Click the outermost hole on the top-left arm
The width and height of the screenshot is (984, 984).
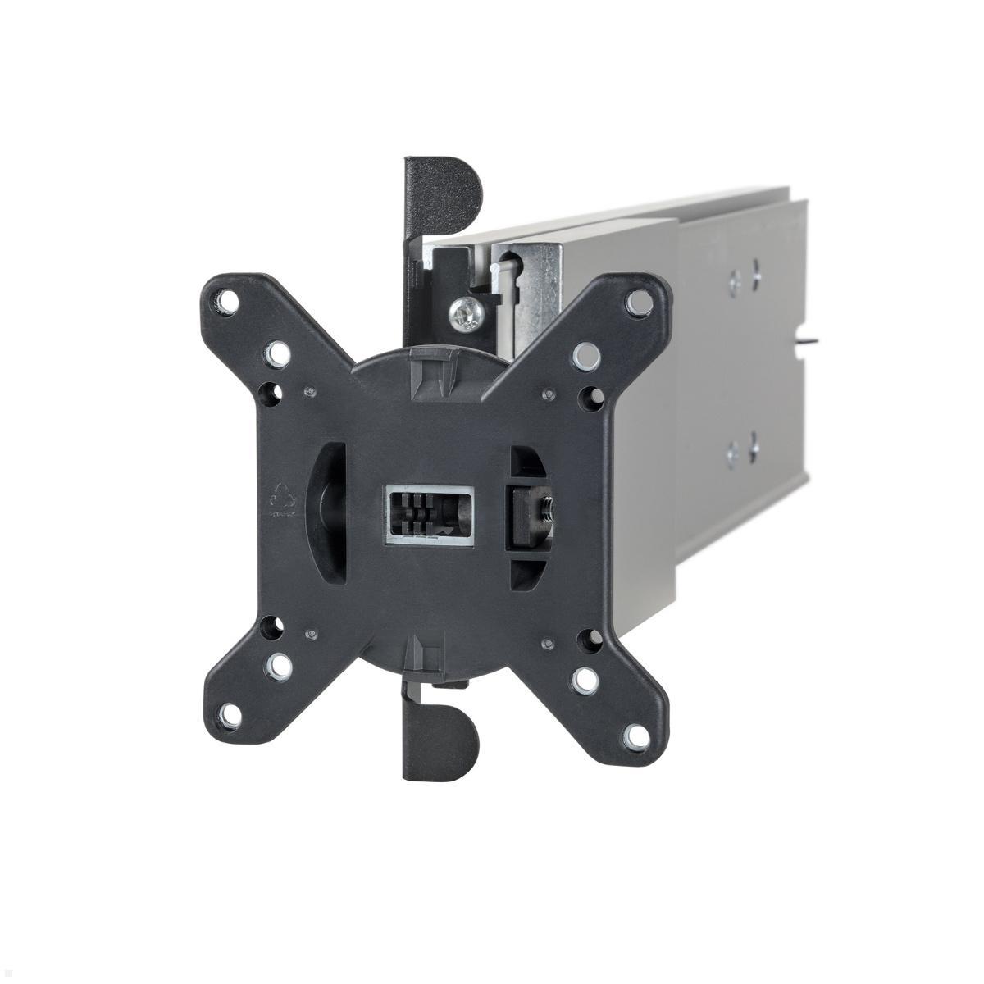click(x=223, y=303)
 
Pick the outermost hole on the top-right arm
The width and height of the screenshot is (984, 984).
click(x=635, y=303)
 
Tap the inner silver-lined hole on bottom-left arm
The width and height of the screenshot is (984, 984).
click(x=280, y=662)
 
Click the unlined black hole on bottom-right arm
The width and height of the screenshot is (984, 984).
click(x=588, y=637)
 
